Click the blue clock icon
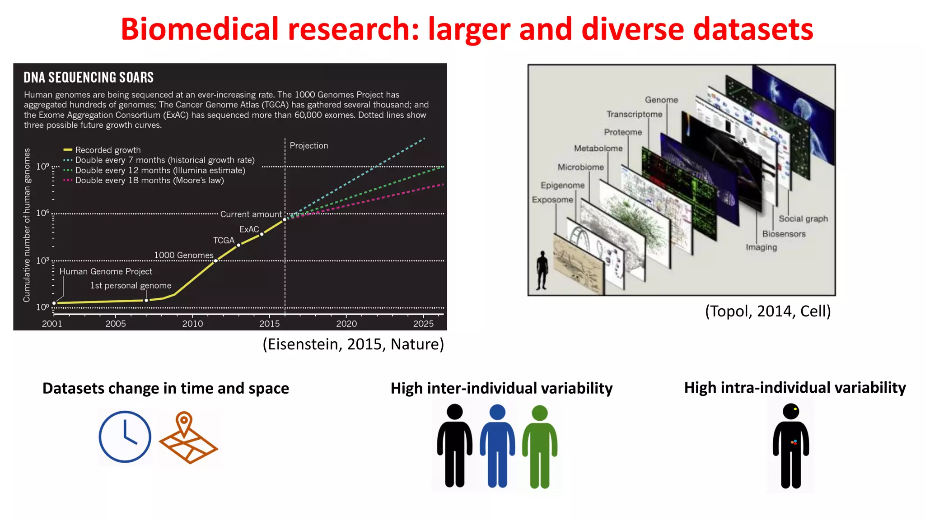(125, 436)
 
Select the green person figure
(540, 446)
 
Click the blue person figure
(497, 446)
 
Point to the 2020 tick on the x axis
(346, 323)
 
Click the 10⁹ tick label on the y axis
(42, 167)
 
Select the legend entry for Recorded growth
(107, 150)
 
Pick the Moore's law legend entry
(149, 180)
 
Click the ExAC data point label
(249, 229)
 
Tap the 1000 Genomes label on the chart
(183, 255)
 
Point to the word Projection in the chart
(309, 145)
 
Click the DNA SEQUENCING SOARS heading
(89, 78)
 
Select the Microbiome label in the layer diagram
(580, 167)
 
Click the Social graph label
(803, 218)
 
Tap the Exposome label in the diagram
(552, 200)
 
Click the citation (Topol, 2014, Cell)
(768, 311)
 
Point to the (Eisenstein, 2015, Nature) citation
(353, 344)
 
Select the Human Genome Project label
(106, 271)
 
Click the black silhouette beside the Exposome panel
(542, 270)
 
